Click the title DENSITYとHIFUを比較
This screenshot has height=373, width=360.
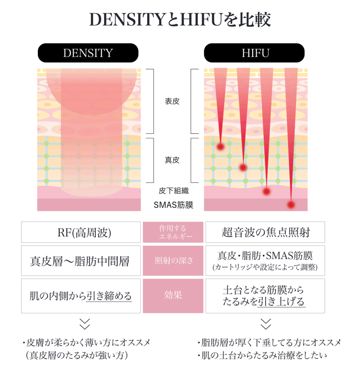click(x=180, y=20)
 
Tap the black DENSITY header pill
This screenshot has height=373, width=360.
click(x=88, y=53)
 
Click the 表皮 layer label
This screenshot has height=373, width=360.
click(x=172, y=101)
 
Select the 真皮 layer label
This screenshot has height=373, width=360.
click(x=172, y=160)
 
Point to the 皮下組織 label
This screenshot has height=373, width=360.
click(x=173, y=191)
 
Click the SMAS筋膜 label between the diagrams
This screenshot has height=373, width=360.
click(x=173, y=205)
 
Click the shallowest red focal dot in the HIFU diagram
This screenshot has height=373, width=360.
click(x=220, y=147)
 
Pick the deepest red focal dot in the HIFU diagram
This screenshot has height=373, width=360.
click(x=290, y=205)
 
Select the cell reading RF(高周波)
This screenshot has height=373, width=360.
click(x=81, y=232)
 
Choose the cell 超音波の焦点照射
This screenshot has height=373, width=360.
click(x=265, y=232)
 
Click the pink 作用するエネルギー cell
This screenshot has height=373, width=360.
click(x=173, y=232)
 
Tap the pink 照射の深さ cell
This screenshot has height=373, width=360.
click(x=173, y=261)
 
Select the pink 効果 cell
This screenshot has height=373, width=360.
click(x=173, y=295)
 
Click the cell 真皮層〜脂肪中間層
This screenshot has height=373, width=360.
click(x=81, y=261)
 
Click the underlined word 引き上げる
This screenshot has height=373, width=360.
click(x=281, y=302)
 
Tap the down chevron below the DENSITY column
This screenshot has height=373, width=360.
click(x=85, y=323)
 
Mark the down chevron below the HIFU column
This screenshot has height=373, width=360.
click(x=266, y=323)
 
